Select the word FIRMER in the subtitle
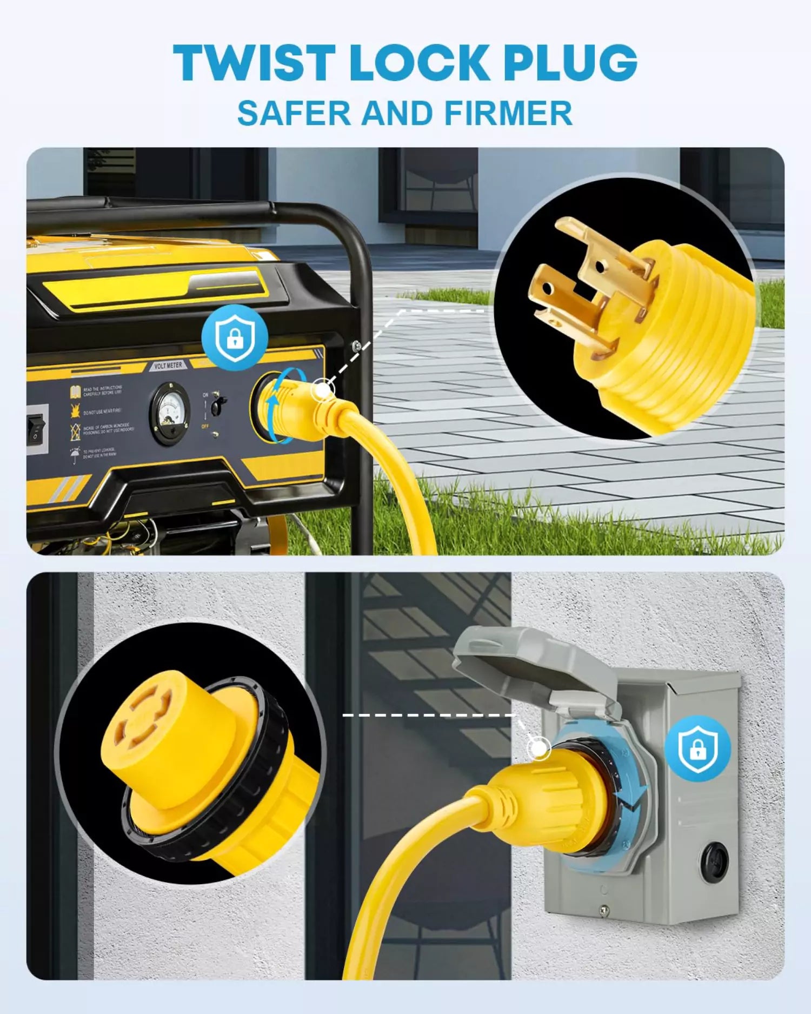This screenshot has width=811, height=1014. pos(508,114)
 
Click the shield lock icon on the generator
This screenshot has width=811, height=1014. pos(235,338)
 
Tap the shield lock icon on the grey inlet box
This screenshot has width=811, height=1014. pos(697,748)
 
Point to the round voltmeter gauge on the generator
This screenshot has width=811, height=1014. pos(169,414)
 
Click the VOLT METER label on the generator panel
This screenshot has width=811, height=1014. pos(168,366)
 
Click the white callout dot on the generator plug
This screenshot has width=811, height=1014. pos(323,389)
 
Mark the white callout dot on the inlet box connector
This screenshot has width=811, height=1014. pos(538,749)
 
